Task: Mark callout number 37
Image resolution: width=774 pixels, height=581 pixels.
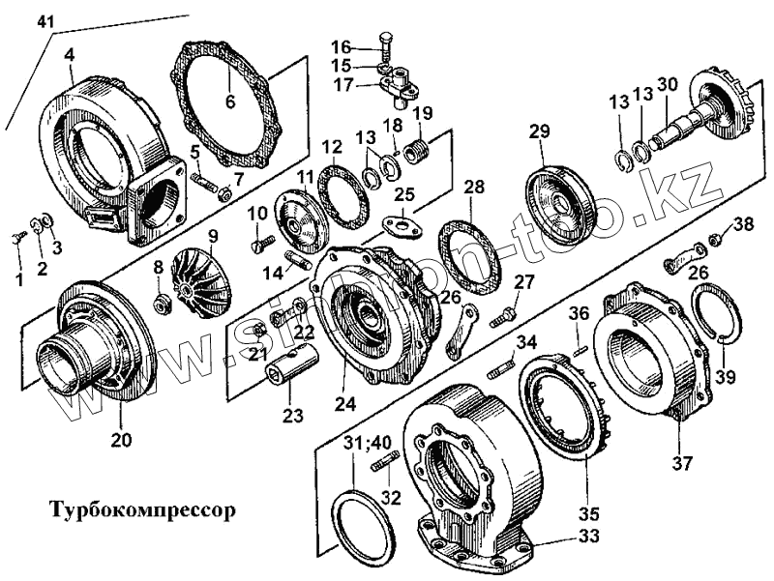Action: click(683, 463)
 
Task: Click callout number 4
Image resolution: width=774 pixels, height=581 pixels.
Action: click(69, 55)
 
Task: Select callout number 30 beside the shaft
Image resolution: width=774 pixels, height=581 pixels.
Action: click(668, 84)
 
